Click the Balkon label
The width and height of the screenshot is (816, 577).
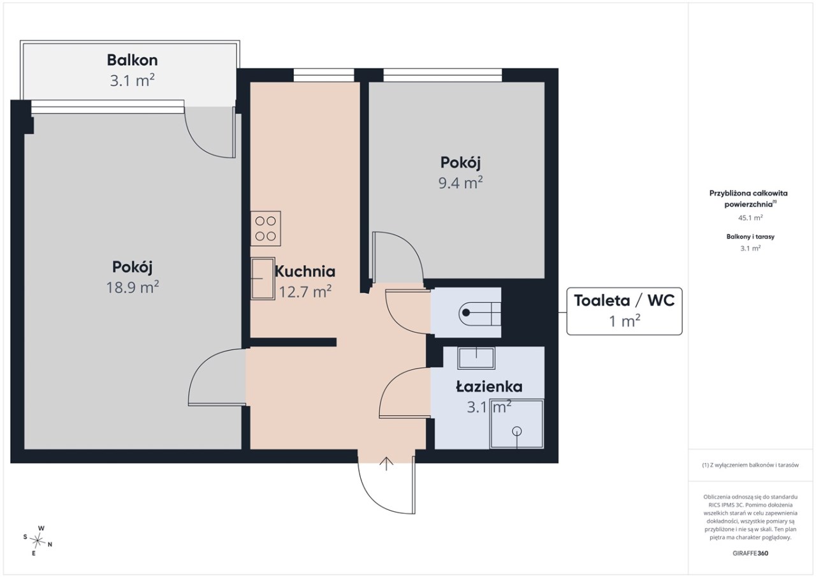click(x=132, y=61)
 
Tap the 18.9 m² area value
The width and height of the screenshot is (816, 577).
click(x=132, y=288)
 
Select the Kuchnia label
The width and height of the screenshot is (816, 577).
click(x=305, y=272)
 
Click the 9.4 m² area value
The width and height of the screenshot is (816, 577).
click(x=460, y=183)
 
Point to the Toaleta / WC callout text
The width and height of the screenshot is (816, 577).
click(x=624, y=300)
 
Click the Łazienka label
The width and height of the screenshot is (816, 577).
click(x=489, y=386)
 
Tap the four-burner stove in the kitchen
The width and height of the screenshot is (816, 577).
click(x=266, y=228)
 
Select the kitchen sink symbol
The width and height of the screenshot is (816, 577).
click(x=263, y=279)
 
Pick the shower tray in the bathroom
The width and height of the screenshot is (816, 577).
click(x=516, y=423)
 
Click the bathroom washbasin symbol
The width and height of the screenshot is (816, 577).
click(x=476, y=358)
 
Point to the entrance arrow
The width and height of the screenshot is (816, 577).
click(x=386, y=464)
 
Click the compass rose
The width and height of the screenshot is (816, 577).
click(x=38, y=541)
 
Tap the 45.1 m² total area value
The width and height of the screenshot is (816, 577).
click(x=750, y=217)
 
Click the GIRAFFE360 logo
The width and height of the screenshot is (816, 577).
click(x=750, y=553)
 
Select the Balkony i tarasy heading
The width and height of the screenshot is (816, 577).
click(x=750, y=237)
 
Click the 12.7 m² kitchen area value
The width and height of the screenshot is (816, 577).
click(x=305, y=292)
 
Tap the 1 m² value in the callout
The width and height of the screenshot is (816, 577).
click(x=624, y=321)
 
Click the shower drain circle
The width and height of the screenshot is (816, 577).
click(x=516, y=431)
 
